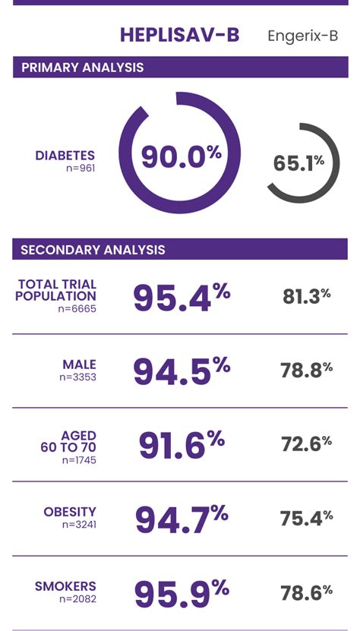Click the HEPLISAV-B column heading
tap(179, 36)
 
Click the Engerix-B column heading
tap(302, 36)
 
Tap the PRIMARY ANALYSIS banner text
tap(82, 68)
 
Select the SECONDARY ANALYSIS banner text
tap(93, 249)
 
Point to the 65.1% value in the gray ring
tap(298, 162)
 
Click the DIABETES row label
tap(65, 156)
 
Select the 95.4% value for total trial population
tap(181, 297)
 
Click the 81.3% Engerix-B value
tap(306, 296)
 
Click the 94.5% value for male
tap(181, 371)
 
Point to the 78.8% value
tap(306, 371)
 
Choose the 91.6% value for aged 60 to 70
tap(181, 445)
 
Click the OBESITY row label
tap(70, 512)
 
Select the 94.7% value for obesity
tap(181, 519)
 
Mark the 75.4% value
tap(306, 518)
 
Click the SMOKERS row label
tap(65, 586)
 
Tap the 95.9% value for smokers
tap(181, 593)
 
